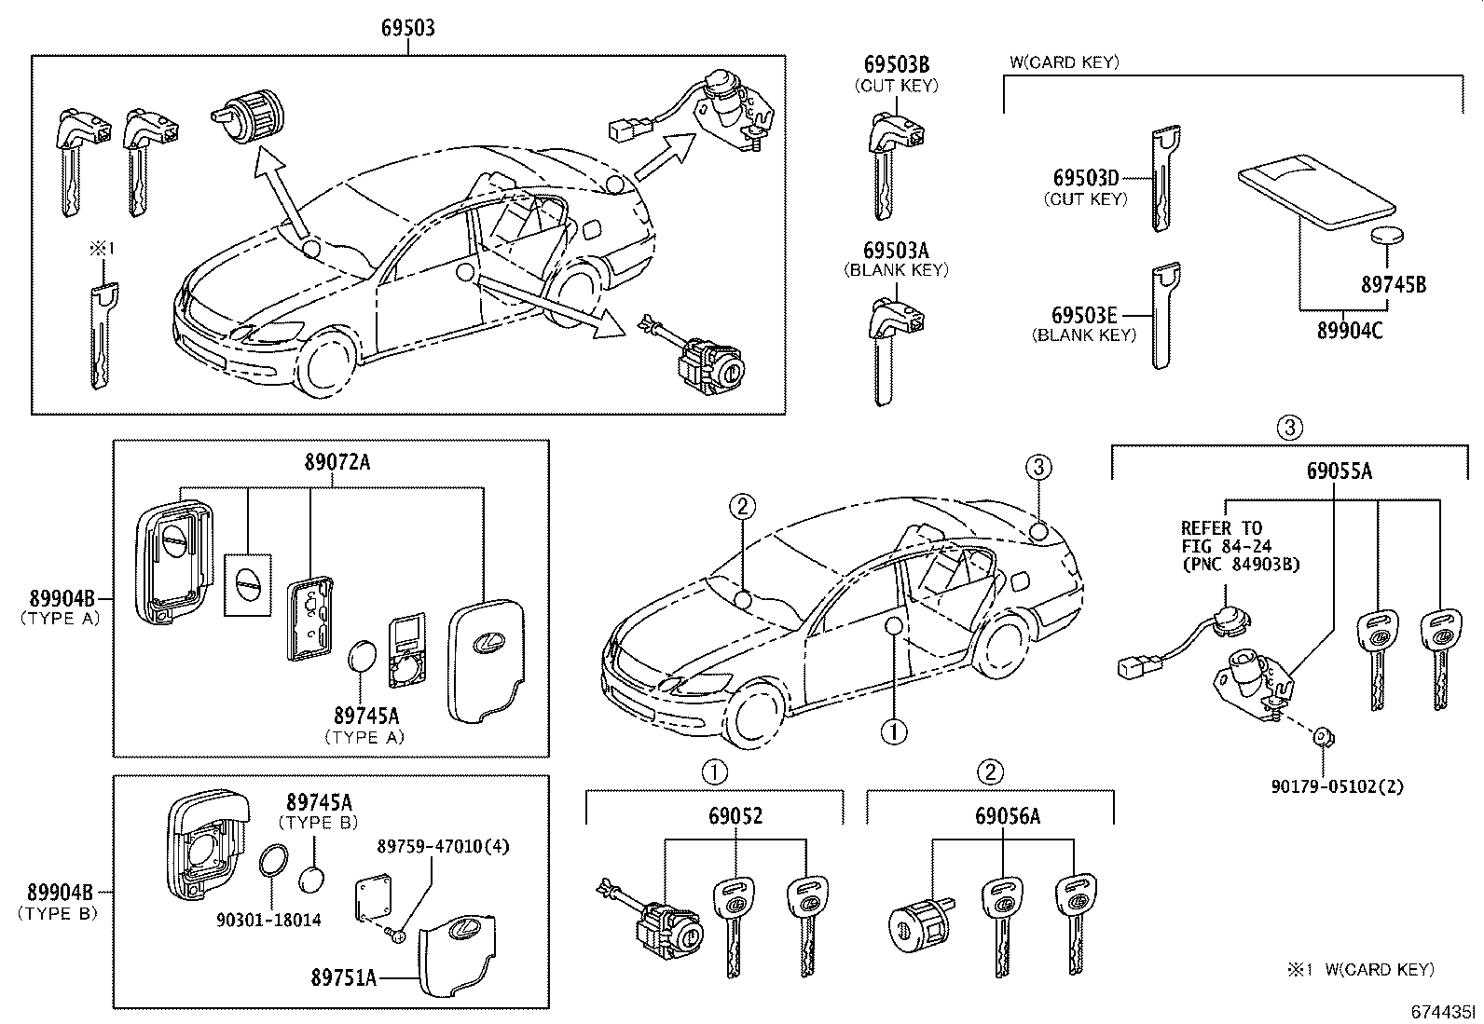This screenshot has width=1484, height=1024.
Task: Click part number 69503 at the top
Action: tap(407, 28)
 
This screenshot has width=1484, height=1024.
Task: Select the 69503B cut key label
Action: tap(896, 65)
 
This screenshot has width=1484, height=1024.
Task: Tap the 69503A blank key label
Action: tap(896, 251)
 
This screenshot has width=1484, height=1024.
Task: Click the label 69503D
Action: tap(1085, 178)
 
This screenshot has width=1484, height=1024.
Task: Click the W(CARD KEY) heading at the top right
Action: tap(1064, 62)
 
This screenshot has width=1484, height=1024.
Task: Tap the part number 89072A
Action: tap(337, 462)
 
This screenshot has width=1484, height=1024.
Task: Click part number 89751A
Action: tap(344, 977)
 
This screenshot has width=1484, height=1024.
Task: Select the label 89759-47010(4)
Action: tap(443, 846)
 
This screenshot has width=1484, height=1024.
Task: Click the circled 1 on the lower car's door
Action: tap(894, 732)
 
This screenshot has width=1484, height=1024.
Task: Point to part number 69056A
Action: tap(1008, 816)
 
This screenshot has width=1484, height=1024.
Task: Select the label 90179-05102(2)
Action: tap(1337, 786)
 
